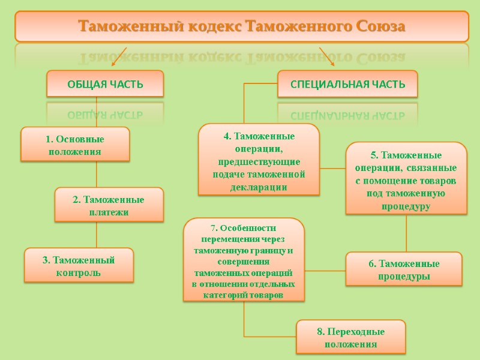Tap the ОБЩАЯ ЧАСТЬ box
pos(105,84)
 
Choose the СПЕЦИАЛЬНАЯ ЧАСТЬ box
pos(347,84)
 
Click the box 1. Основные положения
pos(75,145)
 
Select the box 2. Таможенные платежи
pos(109,205)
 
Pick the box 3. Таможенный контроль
pos(79,266)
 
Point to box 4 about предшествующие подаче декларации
pos(259,161)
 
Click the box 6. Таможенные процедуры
pos(404,270)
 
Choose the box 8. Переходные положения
pos(351,337)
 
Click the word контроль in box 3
pos(79,272)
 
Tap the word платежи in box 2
pos(109,212)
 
